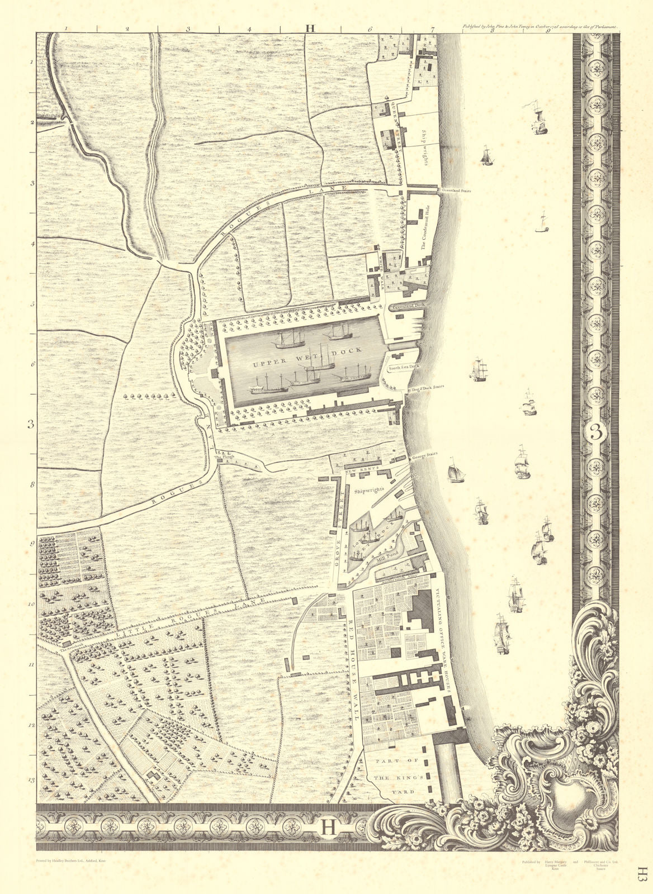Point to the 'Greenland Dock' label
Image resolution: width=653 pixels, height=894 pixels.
click(410, 307)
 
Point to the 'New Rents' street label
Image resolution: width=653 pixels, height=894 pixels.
click(364, 467)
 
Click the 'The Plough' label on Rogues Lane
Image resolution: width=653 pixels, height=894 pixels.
click(223, 457)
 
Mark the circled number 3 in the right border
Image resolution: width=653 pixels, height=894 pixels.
click(597, 432)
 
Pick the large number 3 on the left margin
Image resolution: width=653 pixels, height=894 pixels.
click(32, 425)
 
